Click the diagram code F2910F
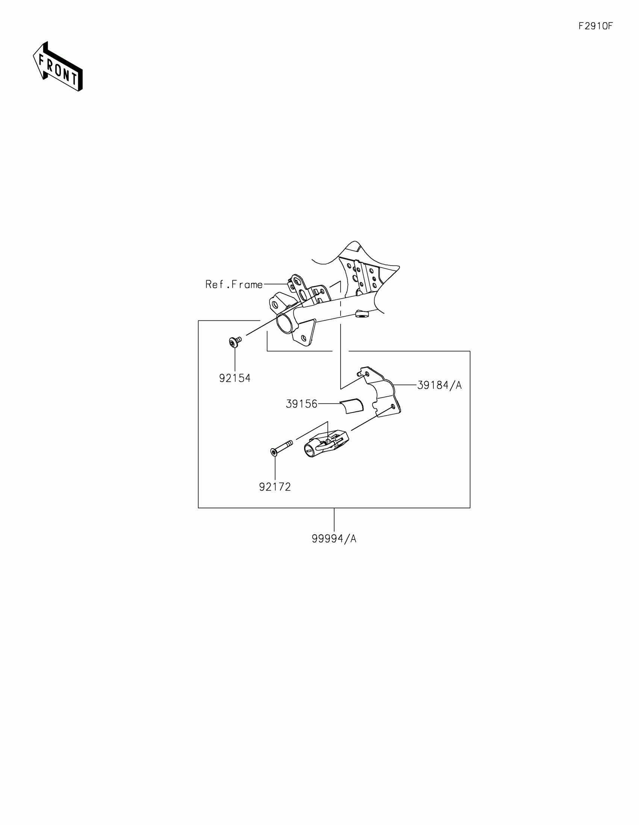pyautogui.click(x=595, y=26)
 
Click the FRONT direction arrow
pyautogui.click(x=58, y=67)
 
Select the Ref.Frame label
pyautogui.click(x=234, y=284)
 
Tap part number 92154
pyautogui.click(x=235, y=378)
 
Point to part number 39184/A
pyautogui.click(x=439, y=385)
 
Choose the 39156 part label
pyautogui.click(x=301, y=404)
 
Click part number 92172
pyautogui.click(x=275, y=487)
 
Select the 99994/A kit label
pyautogui.click(x=334, y=539)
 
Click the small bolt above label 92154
pyautogui.click(x=235, y=342)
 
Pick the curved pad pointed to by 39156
pyautogui.click(x=352, y=406)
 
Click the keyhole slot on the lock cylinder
pyautogui.click(x=310, y=450)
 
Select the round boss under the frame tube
pyautogui.click(x=361, y=314)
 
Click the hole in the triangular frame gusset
pyautogui.click(x=303, y=337)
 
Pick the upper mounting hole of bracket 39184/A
pyautogui.click(x=366, y=373)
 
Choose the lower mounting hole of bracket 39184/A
pyautogui.click(x=393, y=406)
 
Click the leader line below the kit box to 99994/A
pyautogui.click(x=334, y=520)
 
